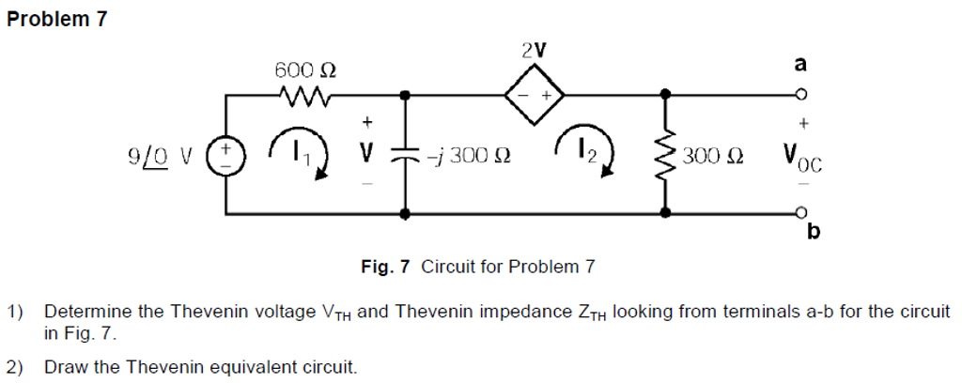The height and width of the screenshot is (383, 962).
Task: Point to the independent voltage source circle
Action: (225, 154)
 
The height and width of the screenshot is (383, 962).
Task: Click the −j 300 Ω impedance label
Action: (470, 155)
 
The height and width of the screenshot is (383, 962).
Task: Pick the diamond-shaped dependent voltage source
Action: (535, 94)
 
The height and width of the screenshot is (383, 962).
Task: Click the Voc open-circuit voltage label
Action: (797, 157)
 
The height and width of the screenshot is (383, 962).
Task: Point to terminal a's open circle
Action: (801, 94)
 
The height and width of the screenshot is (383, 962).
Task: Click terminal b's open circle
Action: (801, 213)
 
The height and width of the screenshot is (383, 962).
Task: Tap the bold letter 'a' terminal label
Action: (800, 64)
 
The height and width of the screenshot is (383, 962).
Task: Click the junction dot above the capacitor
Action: (405, 94)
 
